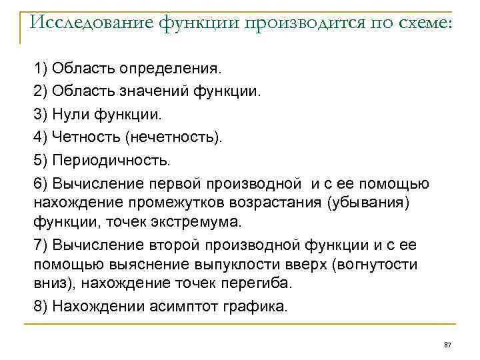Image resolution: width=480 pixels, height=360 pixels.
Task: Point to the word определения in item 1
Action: (177, 67)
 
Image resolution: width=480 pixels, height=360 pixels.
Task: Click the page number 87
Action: (447, 343)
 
